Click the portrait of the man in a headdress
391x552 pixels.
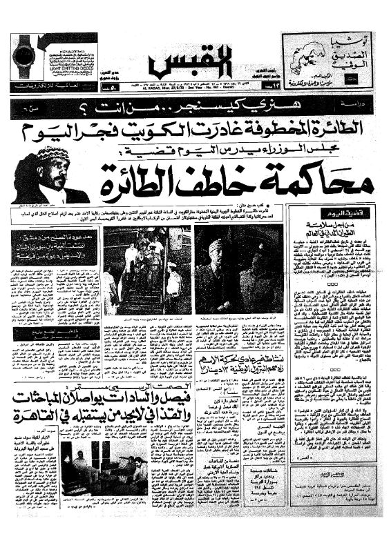click(42, 179)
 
